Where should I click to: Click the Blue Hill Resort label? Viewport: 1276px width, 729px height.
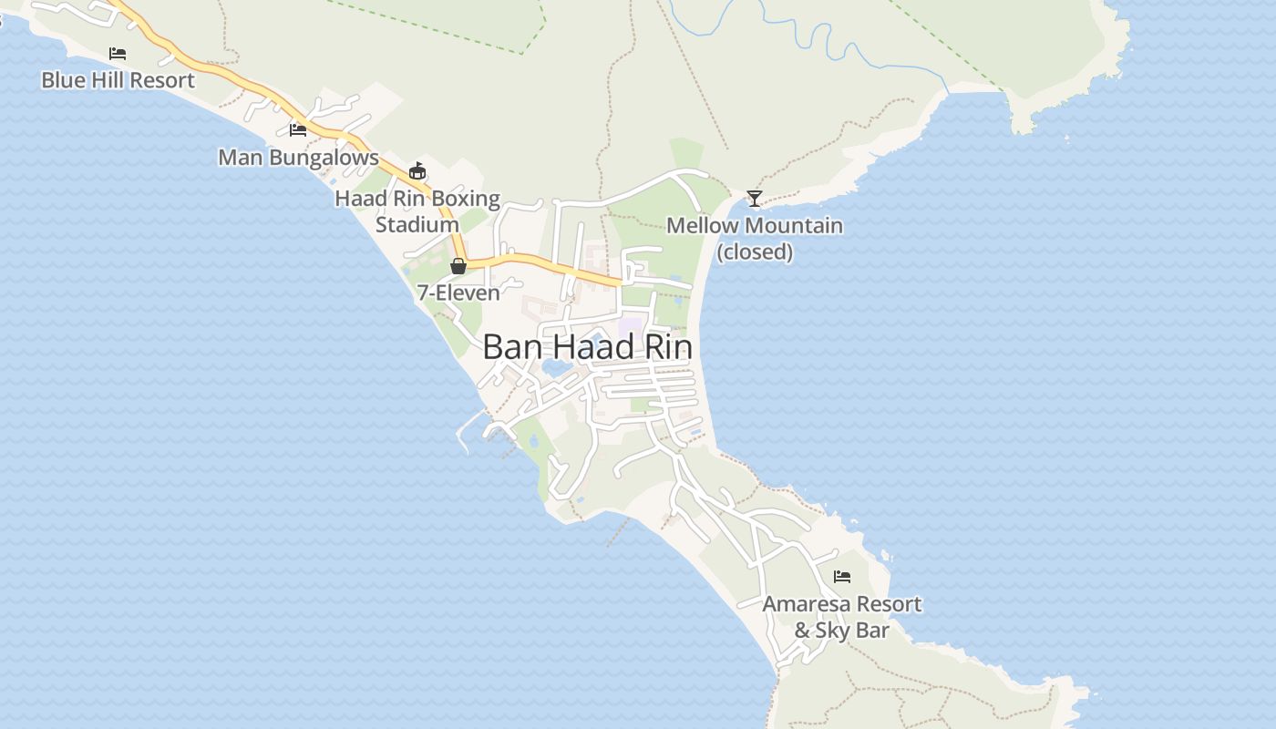coord(118,80)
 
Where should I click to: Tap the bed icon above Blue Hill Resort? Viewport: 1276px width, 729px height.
coord(118,54)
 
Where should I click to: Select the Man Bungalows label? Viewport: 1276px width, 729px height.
coord(298,158)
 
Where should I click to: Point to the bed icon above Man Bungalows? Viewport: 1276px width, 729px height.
coord(298,130)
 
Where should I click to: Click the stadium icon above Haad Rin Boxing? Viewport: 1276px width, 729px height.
coord(417,170)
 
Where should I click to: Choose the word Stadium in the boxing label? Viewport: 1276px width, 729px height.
coord(417,224)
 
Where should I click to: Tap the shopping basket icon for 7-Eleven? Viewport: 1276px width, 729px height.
coord(458,266)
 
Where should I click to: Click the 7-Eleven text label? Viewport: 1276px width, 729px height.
coord(458,293)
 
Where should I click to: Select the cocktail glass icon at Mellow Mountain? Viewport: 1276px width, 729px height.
coord(754,199)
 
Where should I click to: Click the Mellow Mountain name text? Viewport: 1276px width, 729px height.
coord(755,225)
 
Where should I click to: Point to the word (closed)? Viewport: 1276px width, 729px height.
coord(755,252)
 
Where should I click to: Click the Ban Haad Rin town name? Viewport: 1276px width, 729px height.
coord(587,347)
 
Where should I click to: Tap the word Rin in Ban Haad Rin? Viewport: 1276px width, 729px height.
coord(664,347)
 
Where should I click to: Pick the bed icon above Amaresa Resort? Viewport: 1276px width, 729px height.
coord(842,577)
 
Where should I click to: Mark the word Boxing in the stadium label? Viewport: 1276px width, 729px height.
coord(465,199)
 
